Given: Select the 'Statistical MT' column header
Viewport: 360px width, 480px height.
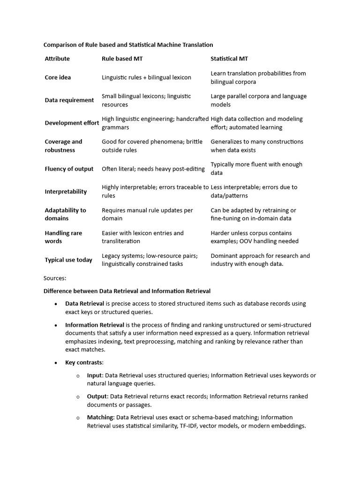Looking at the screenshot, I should tap(229, 59).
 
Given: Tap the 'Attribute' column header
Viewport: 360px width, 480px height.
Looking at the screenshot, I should tap(57, 59).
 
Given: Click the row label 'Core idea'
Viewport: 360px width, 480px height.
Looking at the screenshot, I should tap(58, 77).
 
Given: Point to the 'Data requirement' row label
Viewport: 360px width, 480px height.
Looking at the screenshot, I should tap(69, 100).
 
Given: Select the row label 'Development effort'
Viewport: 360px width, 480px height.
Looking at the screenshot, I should tap(72, 123).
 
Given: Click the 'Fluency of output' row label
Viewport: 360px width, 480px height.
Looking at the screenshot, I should tap(69, 169).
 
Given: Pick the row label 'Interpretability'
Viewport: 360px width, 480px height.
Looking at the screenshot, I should tap(66, 191).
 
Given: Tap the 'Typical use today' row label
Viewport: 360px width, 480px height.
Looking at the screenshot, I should tap(68, 260).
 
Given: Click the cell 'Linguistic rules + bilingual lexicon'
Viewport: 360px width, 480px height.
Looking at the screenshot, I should tap(148, 77).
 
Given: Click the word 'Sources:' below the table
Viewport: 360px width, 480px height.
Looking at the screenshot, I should tap(55, 278).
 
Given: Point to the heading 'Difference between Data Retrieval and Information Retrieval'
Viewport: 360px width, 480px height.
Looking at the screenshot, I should tap(127, 291).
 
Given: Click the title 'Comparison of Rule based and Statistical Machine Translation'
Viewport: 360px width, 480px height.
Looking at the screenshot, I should tap(128, 45).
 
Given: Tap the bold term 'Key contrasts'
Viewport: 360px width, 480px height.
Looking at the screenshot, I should tap(84, 363).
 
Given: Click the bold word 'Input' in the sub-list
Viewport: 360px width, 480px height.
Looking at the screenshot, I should tap(94, 375).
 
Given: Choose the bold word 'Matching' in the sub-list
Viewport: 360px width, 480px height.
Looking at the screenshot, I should tap(100, 418).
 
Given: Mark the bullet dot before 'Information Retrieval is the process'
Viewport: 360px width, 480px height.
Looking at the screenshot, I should tap(55, 325).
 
